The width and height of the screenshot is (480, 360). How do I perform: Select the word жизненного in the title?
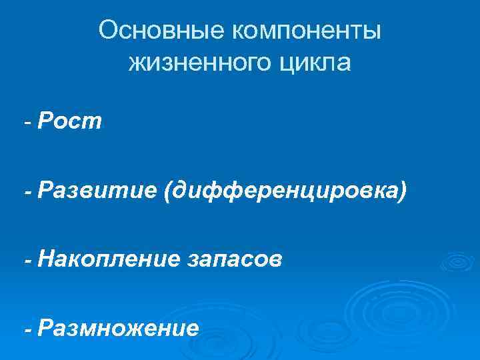(x=197, y=63)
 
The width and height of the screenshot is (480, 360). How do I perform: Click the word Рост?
(x=70, y=122)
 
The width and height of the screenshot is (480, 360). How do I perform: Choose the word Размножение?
(x=118, y=328)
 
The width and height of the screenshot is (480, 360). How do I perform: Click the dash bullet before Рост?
(x=28, y=122)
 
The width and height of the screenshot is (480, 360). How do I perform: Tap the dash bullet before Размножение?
(x=28, y=329)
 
